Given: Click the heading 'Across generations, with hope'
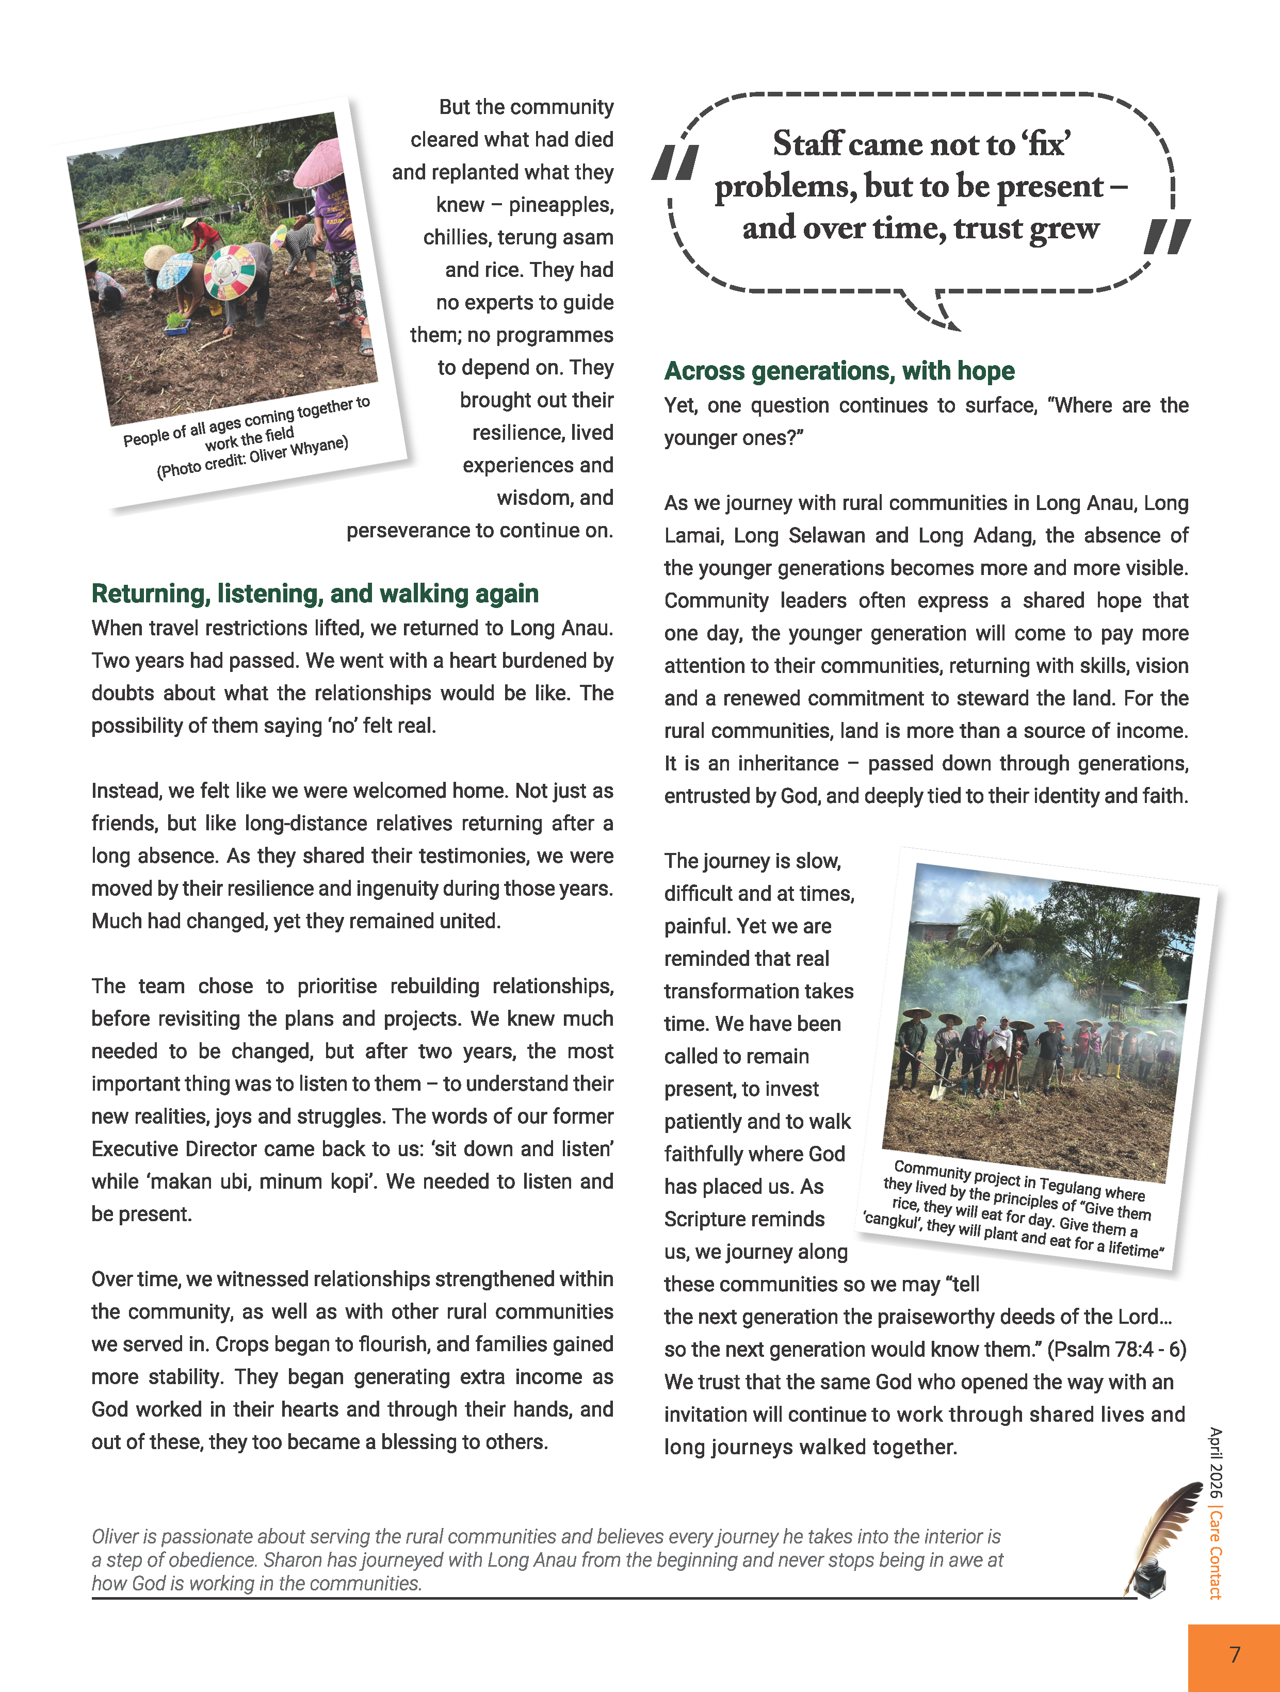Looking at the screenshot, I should (x=839, y=371).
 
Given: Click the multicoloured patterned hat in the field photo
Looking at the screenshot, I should (x=230, y=271).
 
